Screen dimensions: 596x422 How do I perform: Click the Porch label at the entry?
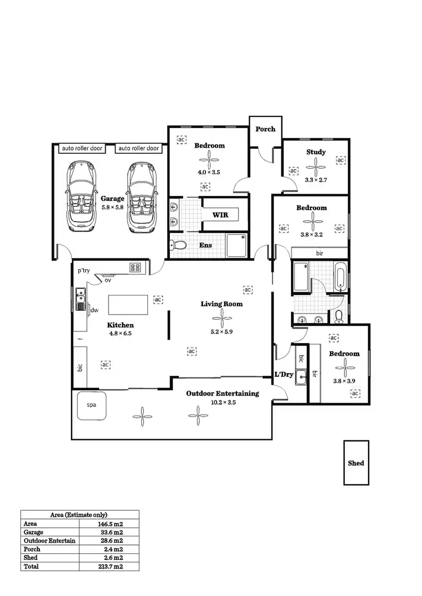pyautogui.click(x=266, y=129)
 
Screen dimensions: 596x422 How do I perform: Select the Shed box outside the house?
pyautogui.click(x=356, y=463)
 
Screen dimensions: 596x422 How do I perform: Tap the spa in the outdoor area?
pyautogui.click(x=91, y=406)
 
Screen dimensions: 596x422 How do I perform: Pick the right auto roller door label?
pyautogui.click(x=138, y=148)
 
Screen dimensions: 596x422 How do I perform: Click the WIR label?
pyautogui.click(x=220, y=215)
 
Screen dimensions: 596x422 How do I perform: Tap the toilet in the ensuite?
pyautogui.click(x=179, y=245)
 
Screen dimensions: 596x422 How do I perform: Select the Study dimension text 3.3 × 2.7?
pyautogui.click(x=316, y=180)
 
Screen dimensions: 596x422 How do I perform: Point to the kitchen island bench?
pyautogui.click(x=128, y=305)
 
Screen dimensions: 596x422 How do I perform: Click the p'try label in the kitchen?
pyautogui.click(x=84, y=271)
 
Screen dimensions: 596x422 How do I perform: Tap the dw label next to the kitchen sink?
pyautogui.click(x=95, y=310)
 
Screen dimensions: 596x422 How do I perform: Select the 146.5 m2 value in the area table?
pyautogui.click(x=111, y=523)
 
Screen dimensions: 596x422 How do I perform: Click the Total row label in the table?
pyautogui.click(x=31, y=567)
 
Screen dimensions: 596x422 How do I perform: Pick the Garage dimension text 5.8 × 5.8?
pyautogui.click(x=113, y=207)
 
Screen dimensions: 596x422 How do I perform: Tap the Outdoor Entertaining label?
pyautogui.click(x=222, y=393)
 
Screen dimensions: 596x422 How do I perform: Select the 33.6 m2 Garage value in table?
pyautogui.click(x=111, y=532)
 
